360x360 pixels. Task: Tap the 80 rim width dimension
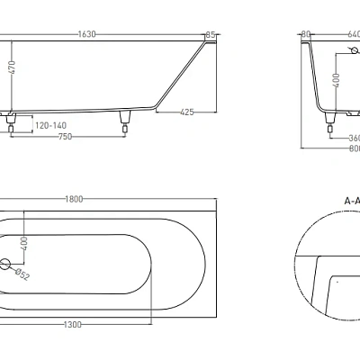pos(306,34)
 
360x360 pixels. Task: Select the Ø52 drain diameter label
pos(24,276)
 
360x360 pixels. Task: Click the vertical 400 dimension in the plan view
pos(24,243)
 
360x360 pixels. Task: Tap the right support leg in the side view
pos(124,118)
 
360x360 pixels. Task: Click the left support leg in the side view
pos(11,118)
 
